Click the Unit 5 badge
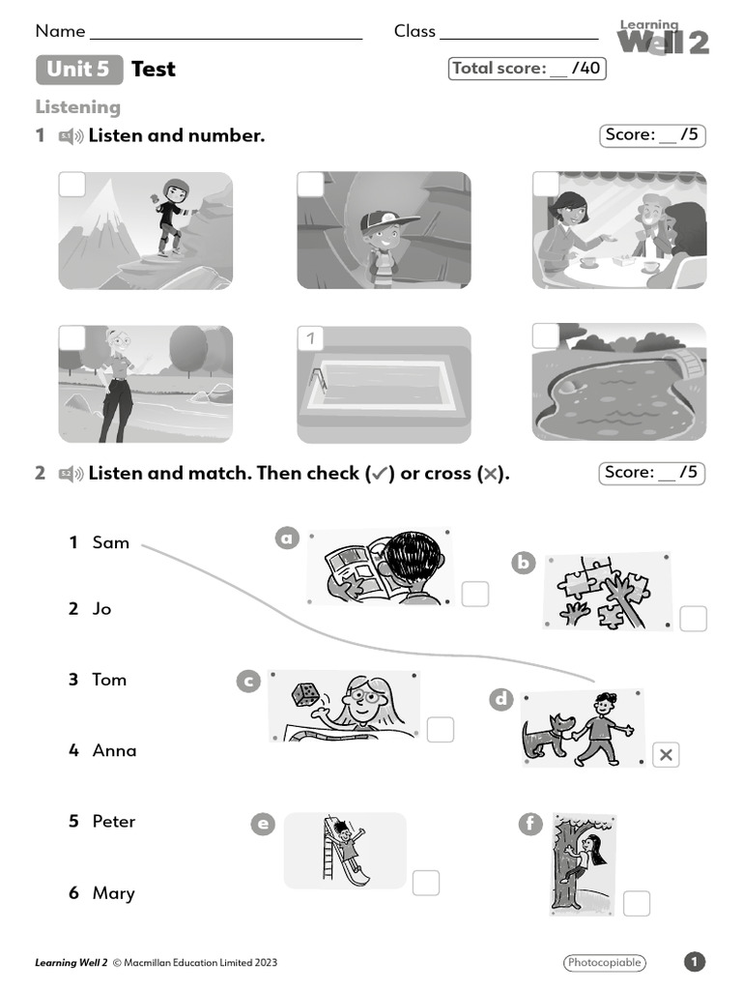(79, 69)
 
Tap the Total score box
(527, 69)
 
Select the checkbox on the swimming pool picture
(311, 338)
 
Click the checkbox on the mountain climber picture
(72, 185)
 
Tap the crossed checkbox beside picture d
(666, 755)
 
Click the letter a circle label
(287, 539)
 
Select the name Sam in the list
(110, 542)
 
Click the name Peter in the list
(113, 821)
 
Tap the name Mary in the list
(113, 892)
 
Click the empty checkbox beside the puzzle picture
(693, 619)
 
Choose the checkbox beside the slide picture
(426, 883)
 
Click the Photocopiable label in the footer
(604, 962)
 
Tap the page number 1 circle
(695, 962)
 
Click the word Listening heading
(78, 106)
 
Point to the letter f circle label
(529, 824)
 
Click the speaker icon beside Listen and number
(71, 136)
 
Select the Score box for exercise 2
(652, 473)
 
